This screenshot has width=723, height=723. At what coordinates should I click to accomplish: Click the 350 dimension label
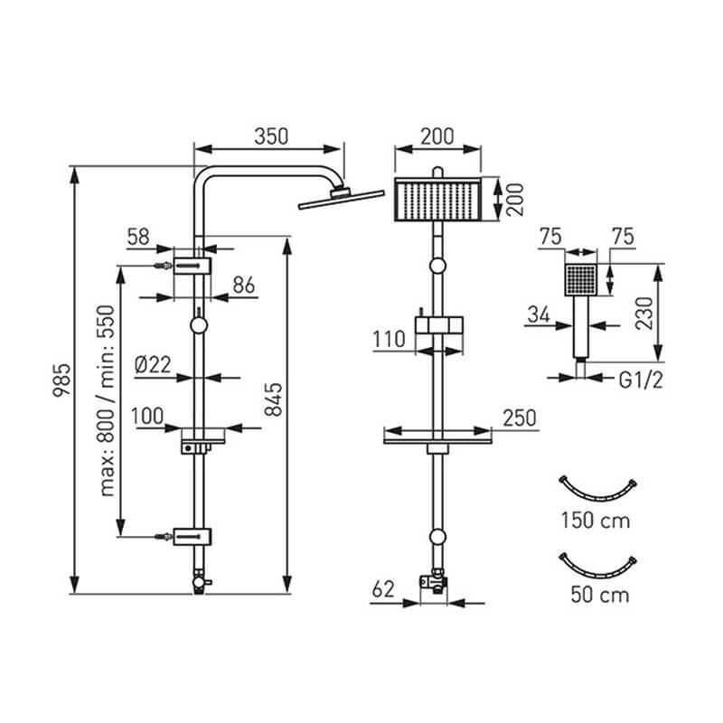tap(271, 136)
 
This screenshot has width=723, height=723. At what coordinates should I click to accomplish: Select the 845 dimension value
tap(274, 399)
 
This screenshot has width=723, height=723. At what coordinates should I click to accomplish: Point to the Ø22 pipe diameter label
tap(153, 365)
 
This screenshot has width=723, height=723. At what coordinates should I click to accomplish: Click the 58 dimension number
tap(138, 237)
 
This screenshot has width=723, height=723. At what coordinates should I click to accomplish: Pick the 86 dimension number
tap(244, 285)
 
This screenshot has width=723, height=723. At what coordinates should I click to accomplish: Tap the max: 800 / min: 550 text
tap(107, 400)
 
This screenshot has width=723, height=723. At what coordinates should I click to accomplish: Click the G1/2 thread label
tap(641, 380)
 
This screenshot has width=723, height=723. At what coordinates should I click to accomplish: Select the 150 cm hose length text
tap(596, 521)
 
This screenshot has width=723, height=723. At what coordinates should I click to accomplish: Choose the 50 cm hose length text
tap(600, 595)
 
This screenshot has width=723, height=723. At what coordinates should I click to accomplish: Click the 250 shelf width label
tap(520, 418)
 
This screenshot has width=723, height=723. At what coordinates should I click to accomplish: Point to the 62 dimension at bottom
tap(383, 590)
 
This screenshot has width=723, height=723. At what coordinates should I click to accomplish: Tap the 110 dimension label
tap(390, 340)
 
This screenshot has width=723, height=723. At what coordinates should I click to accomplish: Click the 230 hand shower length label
tap(644, 314)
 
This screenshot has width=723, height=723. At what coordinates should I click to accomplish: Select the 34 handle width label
tap(539, 315)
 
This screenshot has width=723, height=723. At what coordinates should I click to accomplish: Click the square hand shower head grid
tap(581, 280)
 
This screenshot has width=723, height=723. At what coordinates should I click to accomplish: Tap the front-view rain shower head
tap(437, 199)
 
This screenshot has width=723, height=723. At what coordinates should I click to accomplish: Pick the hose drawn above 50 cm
tap(597, 567)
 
